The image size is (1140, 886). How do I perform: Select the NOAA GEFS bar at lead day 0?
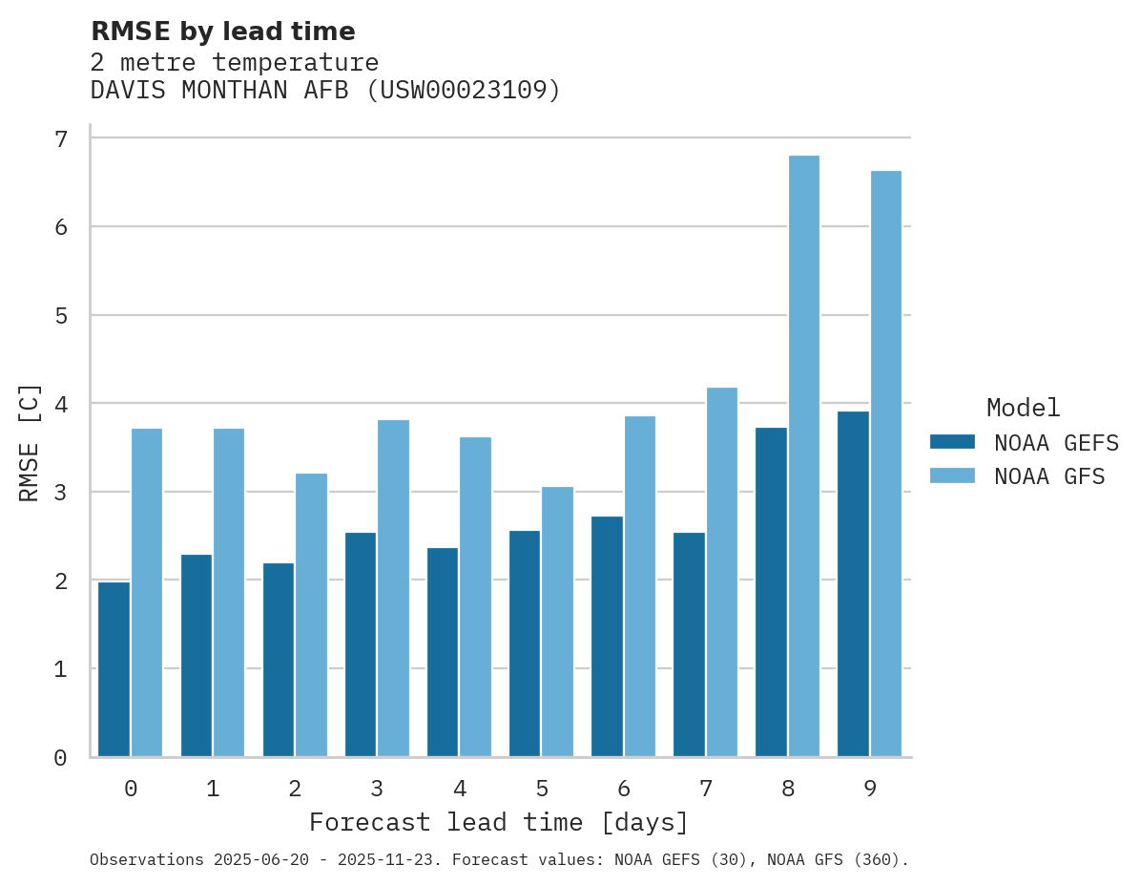pyautogui.click(x=114, y=669)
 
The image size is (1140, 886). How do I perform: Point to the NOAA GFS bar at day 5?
pyautogui.click(x=557, y=622)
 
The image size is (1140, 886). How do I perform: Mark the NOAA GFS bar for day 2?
pyautogui.click(x=311, y=615)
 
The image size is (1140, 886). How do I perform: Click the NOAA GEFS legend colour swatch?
pyautogui.click(x=952, y=441)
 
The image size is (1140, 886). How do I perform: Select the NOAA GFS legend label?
pyautogui.click(x=1049, y=476)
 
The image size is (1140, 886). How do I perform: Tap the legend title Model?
pyautogui.click(x=1024, y=408)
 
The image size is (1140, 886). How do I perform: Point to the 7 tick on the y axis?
pyautogui.click(x=61, y=139)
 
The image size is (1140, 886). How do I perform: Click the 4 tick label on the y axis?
pyautogui.click(x=61, y=404)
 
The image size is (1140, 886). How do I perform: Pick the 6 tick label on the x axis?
pyautogui.click(x=624, y=789)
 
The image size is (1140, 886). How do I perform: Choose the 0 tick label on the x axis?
pyautogui.click(x=130, y=789)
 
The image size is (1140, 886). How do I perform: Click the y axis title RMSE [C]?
pyautogui.click(x=30, y=442)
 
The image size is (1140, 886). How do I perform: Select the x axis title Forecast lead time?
pyautogui.click(x=498, y=822)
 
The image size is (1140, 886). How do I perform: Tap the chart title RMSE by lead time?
pyautogui.click(x=223, y=32)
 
